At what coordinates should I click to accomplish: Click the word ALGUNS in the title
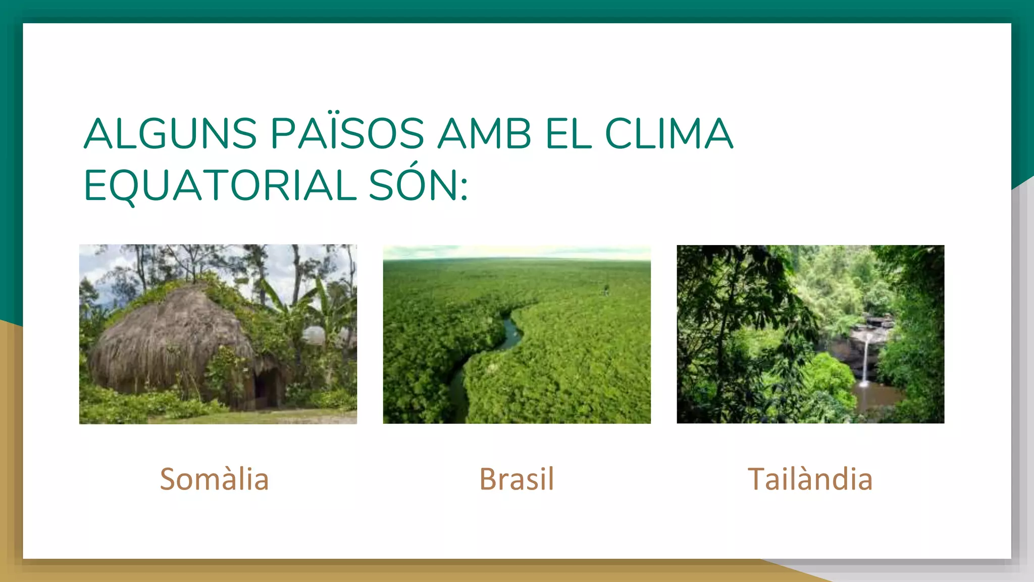170,134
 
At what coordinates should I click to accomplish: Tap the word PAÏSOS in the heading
347,134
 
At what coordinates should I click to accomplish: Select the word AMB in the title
484,134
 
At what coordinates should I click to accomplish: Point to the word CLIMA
668,134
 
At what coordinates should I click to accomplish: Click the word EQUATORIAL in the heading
220,185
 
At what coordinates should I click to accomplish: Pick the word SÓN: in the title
419,185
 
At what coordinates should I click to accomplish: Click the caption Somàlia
214,479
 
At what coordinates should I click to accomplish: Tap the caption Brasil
516,479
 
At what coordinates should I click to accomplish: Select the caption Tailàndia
810,479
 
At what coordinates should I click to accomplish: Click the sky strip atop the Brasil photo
516,252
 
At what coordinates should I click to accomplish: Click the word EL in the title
568,134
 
